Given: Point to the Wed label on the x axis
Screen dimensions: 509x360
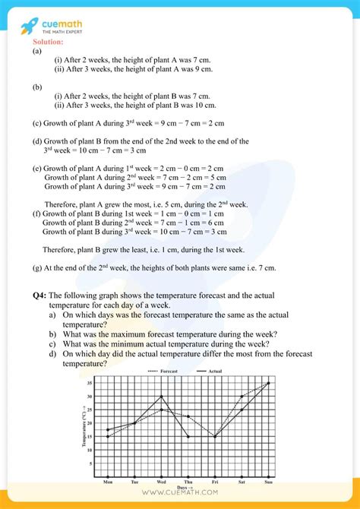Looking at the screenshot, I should (162, 482).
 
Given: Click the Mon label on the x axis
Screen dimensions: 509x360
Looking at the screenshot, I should (108, 482).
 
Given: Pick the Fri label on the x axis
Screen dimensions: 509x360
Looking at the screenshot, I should (215, 482).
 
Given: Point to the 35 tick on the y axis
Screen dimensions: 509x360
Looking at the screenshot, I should (90, 384).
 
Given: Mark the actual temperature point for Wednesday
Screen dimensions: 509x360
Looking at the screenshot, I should (161, 397).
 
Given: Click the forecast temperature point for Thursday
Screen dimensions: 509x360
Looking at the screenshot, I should (188, 416).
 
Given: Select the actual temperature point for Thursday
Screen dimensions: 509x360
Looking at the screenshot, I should (188, 436).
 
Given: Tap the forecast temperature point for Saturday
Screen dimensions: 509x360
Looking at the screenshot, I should (242, 397).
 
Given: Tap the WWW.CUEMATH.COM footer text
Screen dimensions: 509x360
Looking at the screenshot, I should (180, 499).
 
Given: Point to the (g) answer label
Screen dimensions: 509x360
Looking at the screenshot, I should (36, 267).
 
